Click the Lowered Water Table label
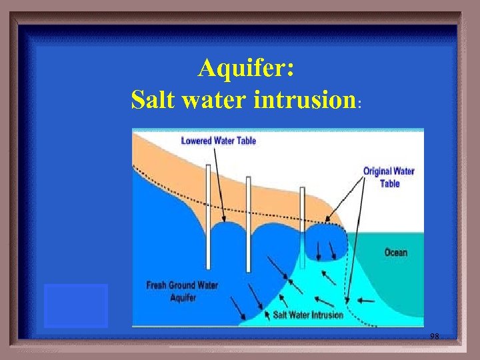tap(218, 141)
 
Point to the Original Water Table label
tap(389, 177)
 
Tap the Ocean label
tap(396, 253)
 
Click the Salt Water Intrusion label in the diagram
tap(308, 315)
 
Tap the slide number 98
tap(434, 337)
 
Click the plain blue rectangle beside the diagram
tap(76, 305)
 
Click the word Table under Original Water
tap(389, 183)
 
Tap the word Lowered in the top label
tap(197, 141)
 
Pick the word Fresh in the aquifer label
tap(157, 285)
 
